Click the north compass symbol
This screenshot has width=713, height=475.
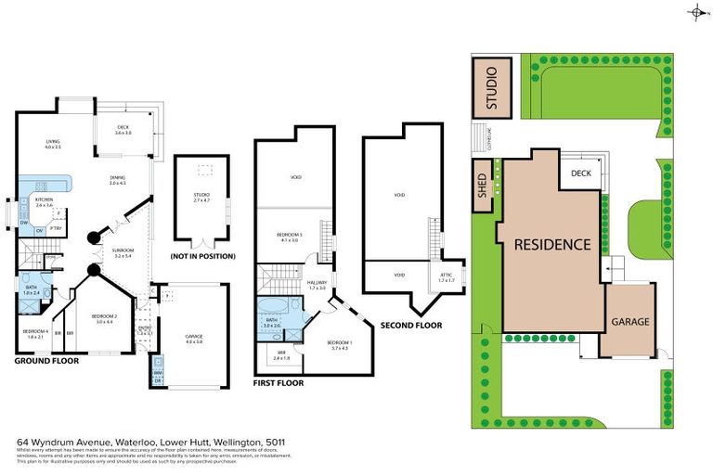click(697, 13)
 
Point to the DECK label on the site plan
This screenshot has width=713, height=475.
click(581, 173)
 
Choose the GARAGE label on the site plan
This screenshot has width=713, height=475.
click(629, 322)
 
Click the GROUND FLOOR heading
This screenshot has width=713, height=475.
click(46, 360)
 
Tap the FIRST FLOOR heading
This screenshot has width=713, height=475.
click(279, 382)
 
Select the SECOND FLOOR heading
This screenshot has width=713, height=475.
click(410, 326)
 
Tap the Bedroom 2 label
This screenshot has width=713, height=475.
click(102, 318)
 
